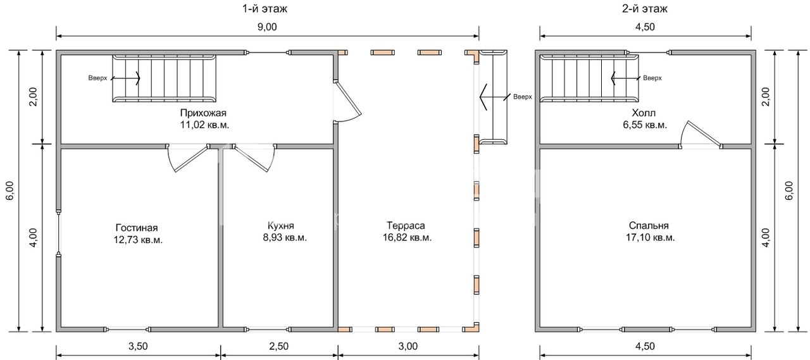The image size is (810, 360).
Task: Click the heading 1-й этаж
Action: pyautogui.click(x=265, y=9)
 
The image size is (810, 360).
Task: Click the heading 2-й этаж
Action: pyautogui.click(x=645, y=9)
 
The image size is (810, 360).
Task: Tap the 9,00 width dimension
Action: pyautogui.click(x=267, y=27)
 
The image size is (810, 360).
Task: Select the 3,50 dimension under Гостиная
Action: pyautogui.click(x=138, y=346)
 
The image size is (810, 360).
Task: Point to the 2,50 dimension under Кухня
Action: pyautogui.click(x=279, y=346)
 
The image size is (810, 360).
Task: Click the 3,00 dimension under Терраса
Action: pyautogui.click(x=408, y=346)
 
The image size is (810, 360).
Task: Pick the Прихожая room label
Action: pyautogui.click(x=203, y=113)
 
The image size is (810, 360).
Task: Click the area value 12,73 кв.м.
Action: pyautogui.click(x=138, y=240)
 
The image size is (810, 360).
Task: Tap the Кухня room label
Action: pyautogui.click(x=280, y=226)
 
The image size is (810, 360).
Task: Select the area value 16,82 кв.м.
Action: pyautogui.click(x=407, y=237)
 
